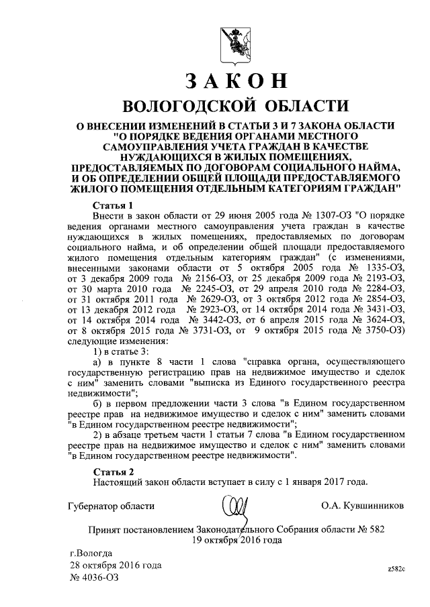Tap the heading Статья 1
click(114, 205)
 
